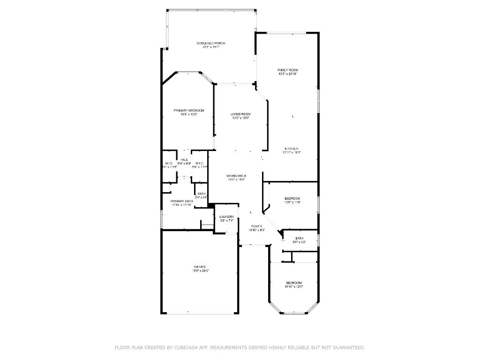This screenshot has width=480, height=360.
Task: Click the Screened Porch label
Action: tap(210, 43)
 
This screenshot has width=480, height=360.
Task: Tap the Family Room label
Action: tap(287, 70)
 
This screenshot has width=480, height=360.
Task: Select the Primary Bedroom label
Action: tap(189, 111)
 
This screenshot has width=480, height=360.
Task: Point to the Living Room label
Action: tap(240, 114)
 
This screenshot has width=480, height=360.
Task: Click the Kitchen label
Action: tap(291, 149)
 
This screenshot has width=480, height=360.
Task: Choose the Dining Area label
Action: tap(237, 176)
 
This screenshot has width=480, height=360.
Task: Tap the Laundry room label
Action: tap(227, 217)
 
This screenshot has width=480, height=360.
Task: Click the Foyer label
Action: tap(256, 226)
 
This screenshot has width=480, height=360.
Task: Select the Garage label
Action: tap(200, 267)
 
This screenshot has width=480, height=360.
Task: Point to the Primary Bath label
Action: tap(181, 201)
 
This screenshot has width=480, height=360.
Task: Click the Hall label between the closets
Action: tap(184, 160)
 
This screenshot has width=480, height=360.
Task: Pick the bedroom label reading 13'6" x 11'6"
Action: tap(292, 202)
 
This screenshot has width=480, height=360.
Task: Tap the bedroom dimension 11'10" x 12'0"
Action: tap(294, 287)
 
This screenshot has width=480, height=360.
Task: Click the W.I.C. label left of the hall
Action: tap(169, 163)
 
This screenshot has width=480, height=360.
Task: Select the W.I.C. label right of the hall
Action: tap(199, 163)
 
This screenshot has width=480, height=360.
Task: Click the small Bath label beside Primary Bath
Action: tap(201, 194)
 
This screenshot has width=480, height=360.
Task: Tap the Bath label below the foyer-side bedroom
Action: tap(299, 239)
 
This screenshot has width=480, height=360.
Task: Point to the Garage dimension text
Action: tap(200, 271)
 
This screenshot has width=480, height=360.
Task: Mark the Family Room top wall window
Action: tap(287, 33)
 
